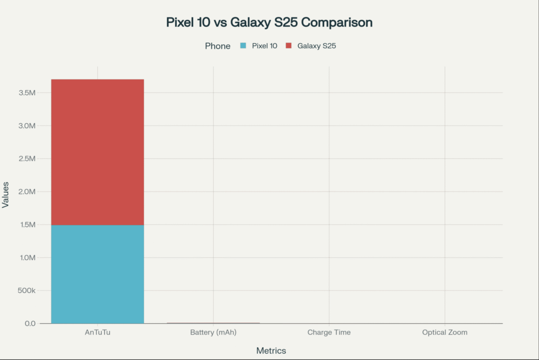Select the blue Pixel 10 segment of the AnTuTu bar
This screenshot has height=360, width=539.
(x=97, y=274)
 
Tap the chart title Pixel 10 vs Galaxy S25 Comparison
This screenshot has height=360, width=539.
(x=269, y=23)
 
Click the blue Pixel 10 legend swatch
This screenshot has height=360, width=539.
(x=243, y=46)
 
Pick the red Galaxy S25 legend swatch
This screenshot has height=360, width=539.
(x=288, y=46)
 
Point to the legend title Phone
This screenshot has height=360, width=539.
(x=217, y=46)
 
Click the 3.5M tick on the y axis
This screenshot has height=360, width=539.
(x=27, y=93)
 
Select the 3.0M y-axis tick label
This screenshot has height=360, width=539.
(x=27, y=126)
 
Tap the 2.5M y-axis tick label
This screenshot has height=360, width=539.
(x=27, y=158)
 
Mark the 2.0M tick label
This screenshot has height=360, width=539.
(x=27, y=192)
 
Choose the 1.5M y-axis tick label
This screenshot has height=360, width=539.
(x=27, y=225)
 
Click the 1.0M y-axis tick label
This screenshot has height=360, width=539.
(x=27, y=257)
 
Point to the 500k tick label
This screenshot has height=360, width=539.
(x=26, y=291)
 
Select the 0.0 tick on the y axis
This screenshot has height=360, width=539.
(x=30, y=323)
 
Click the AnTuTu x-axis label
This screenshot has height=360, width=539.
(x=97, y=333)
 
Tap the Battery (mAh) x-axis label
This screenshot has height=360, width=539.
(x=213, y=333)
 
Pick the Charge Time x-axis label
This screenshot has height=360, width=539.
(x=329, y=333)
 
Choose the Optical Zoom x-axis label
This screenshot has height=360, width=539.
(x=445, y=333)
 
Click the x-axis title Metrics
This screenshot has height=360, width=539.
(x=271, y=351)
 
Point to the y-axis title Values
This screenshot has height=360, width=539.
(x=6, y=194)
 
